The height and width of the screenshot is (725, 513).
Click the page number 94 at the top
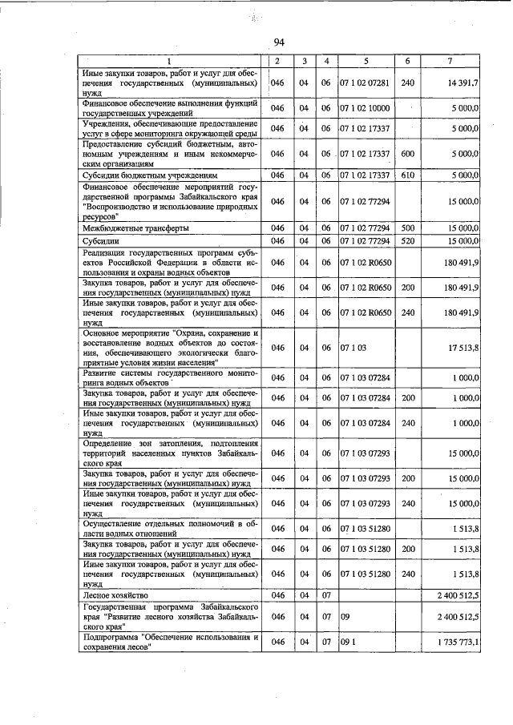pyautogui.click(x=280, y=42)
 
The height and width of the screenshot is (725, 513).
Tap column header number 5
pyautogui.click(x=366, y=61)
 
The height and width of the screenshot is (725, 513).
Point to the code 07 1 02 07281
pyautogui.click(x=365, y=83)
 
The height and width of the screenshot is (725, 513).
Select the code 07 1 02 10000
pyautogui.click(x=365, y=108)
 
